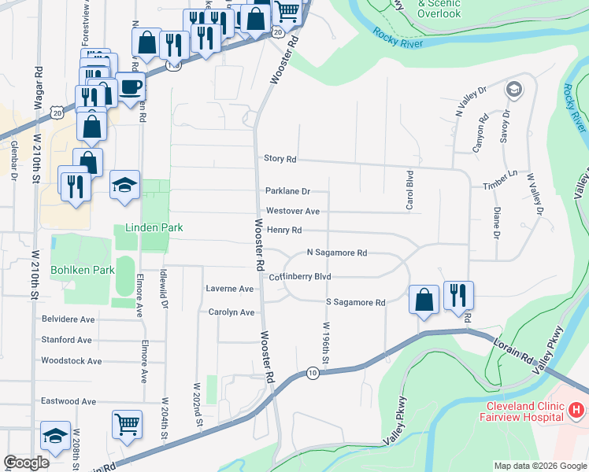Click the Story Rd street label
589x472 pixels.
pos(280,159)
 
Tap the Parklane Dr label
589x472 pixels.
pos(287,191)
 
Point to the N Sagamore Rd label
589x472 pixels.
pos(336,253)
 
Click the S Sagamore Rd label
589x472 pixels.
pos(355,303)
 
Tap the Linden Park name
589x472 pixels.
pos(154,228)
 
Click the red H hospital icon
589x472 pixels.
pos(576,410)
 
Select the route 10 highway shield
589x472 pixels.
pos(313,372)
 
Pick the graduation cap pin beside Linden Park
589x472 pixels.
pos(124,184)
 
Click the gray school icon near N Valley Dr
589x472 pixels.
pos(515,89)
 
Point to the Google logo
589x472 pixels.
pos(26,463)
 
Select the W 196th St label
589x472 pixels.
pos(324,338)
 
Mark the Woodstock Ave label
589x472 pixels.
pos(72,361)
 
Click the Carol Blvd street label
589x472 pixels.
pos(409,190)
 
